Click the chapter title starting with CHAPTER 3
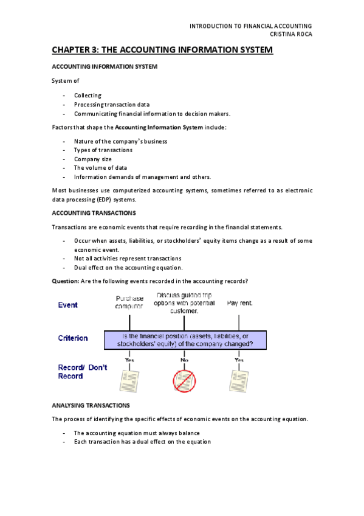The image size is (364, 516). (162, 50)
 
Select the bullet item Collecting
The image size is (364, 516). (88, 96)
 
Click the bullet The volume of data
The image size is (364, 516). (100, 168)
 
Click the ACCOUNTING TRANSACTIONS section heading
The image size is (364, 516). (94, 213)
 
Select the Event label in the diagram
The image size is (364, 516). (67, 305)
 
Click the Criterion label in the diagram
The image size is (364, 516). (72, 338)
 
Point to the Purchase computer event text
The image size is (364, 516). (129, 302)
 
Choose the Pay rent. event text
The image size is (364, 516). (240, 302)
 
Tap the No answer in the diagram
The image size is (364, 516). (184, 360)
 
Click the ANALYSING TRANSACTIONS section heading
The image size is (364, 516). (91, 405)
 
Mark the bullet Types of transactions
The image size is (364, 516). (103, 150)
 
